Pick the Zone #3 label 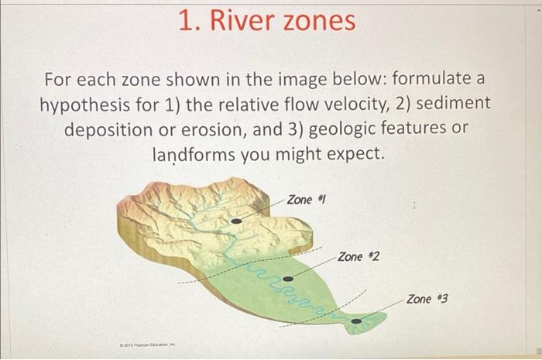pyautogui.click(x=427, y=298)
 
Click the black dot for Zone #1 pyautogui.click(x=237, y=221)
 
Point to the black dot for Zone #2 pyautogui.click(x=288, y=278)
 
